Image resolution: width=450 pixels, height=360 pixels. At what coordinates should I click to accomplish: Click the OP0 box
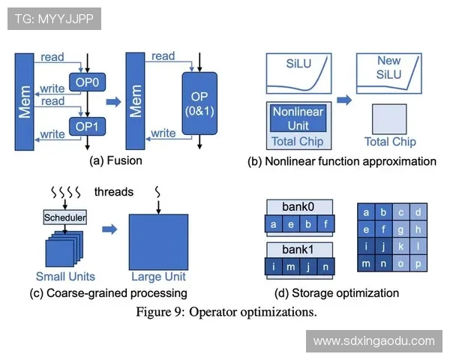tap(87, 80)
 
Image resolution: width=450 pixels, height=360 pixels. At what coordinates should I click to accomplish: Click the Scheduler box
tap(65, 217)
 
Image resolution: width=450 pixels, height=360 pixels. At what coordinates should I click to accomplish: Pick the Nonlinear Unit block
tap(298, 118)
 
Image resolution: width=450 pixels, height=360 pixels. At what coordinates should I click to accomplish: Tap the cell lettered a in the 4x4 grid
tap(366, 212)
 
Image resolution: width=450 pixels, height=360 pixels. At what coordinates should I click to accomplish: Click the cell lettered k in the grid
tap(400, 246)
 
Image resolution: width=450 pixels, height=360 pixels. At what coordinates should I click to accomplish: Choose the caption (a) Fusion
tap(115, 160)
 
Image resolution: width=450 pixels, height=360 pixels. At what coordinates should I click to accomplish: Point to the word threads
tap(114, 192)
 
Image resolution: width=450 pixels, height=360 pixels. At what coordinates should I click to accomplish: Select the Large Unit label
tap(157, 276)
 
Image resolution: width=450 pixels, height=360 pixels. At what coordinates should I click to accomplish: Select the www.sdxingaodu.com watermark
tap(373, 340)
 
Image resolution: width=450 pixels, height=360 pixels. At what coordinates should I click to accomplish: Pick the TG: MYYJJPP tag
tap(53, 19)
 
